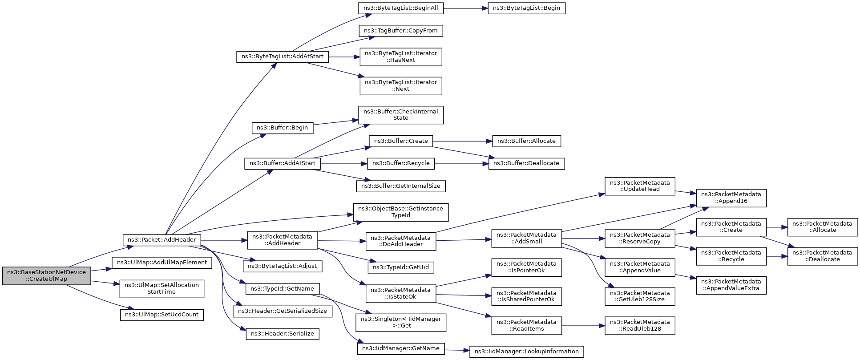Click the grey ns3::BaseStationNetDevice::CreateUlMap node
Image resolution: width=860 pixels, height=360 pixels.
point(46,276)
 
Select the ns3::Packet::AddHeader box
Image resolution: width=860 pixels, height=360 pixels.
point(162,240)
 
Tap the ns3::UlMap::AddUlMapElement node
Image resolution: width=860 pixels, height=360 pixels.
point(162,263)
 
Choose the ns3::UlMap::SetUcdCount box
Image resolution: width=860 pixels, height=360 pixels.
point(162,315)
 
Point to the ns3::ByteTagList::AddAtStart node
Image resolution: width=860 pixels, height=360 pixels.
point(283,57)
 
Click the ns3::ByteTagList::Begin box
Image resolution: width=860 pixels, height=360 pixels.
point(526,8)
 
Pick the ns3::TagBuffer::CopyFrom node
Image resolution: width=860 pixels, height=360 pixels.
point(401,31)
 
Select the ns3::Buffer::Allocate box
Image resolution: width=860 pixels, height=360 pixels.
point(526,141)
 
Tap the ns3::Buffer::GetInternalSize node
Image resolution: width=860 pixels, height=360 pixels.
point(401,186)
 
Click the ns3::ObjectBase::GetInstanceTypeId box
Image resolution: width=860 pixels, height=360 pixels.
point(401,212)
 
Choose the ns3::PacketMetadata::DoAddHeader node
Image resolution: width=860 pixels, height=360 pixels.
point(401,241)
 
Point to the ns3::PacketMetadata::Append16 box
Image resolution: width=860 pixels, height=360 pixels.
point(731,198)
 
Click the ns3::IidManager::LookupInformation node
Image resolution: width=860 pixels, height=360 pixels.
point(526,352)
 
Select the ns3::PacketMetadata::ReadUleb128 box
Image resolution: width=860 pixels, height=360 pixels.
point(640,326)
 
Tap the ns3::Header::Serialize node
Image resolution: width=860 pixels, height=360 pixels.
point(283,334)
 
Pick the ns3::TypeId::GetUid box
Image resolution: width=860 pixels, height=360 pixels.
point(401,267)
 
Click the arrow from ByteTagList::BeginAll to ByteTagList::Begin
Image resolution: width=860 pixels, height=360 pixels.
point(465,8)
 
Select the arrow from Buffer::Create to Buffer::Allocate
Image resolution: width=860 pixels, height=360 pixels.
point(462,141)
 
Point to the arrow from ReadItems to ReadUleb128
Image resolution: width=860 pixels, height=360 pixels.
point(583,326)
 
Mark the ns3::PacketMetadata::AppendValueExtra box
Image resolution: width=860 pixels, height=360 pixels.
point(731,285)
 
